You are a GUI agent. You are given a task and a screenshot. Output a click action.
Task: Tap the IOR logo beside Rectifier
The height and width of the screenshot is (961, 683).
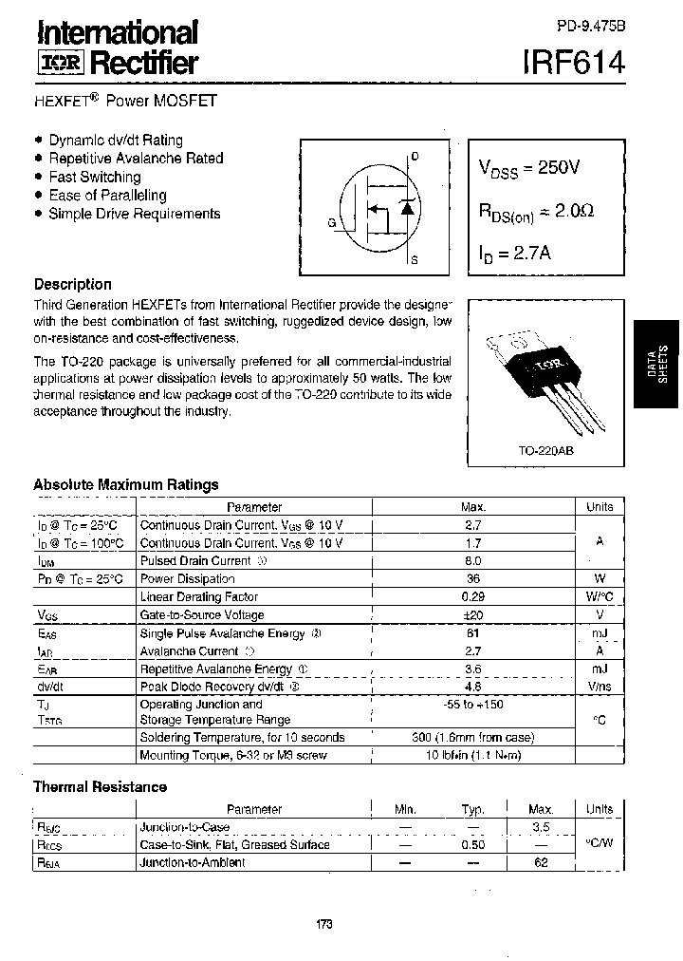(60, 64)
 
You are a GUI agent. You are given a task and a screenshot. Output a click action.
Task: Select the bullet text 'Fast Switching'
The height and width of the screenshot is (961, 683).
(94, 177)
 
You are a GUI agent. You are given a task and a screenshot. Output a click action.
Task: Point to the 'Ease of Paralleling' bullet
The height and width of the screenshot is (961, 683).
(107, 195)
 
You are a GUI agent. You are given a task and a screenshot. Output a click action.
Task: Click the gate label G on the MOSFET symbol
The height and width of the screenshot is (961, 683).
(332, 223)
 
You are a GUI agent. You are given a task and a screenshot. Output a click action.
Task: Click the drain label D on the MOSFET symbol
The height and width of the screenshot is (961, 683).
(415, 156)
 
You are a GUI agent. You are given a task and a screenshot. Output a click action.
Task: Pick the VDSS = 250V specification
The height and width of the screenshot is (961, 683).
(528, 168)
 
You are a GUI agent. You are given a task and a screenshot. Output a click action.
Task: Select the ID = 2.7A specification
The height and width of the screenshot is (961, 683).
(516, 254)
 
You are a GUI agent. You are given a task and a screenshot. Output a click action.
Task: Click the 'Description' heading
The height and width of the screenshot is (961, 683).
(72, 284)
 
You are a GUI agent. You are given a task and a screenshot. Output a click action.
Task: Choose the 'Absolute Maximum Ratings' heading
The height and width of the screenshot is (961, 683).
(125, 484)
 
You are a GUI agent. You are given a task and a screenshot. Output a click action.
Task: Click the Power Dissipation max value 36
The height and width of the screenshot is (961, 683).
(473, 578)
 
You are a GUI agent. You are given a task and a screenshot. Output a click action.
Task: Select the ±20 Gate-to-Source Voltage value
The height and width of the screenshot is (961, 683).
(473, 614)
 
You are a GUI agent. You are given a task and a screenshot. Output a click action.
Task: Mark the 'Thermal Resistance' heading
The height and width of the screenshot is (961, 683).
(100, 786)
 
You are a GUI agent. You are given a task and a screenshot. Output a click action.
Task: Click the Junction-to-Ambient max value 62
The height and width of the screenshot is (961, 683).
(541, 862)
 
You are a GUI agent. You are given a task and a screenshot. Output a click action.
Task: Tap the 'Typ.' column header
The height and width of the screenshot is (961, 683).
(473, 809)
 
